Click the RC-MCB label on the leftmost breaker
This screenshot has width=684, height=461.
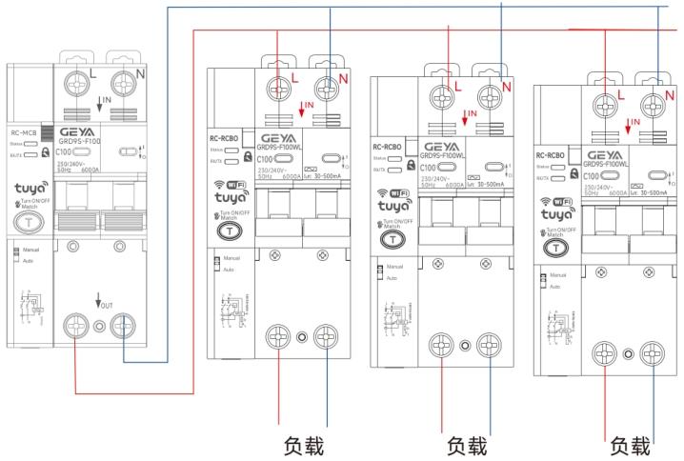(22, 134)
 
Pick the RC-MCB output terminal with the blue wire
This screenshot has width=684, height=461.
(123, 329)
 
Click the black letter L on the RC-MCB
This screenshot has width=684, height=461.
(91, 71)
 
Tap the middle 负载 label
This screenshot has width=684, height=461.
(466, 445)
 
